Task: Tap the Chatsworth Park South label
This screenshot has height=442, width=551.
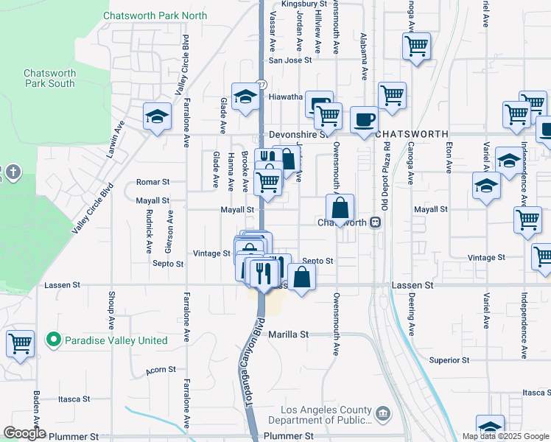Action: click(x=49, y=78)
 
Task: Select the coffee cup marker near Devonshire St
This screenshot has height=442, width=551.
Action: click(x=363, y=120)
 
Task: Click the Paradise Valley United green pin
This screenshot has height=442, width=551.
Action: click(x=53, y=340)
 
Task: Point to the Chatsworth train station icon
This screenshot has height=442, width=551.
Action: click(x=375, y=222)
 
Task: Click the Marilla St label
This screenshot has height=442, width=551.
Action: click(x=288, y=334)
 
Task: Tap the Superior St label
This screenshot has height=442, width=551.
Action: click(x=449, y=360)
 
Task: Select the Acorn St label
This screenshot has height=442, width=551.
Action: click(x=161, y=369)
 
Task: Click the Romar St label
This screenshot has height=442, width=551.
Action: click(x=153, y=181)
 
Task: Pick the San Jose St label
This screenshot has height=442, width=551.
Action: click(x=286, y=61)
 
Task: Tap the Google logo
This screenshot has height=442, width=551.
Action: click(x=24, y=433)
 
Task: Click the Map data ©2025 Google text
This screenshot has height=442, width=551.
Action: click(x=505, y=436)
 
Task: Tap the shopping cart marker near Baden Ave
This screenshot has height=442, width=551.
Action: click(x=20, y=343)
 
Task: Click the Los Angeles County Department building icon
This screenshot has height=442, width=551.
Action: click(x=383, y=414)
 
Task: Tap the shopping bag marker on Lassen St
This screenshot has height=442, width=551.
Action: click(x=301, y=278)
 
